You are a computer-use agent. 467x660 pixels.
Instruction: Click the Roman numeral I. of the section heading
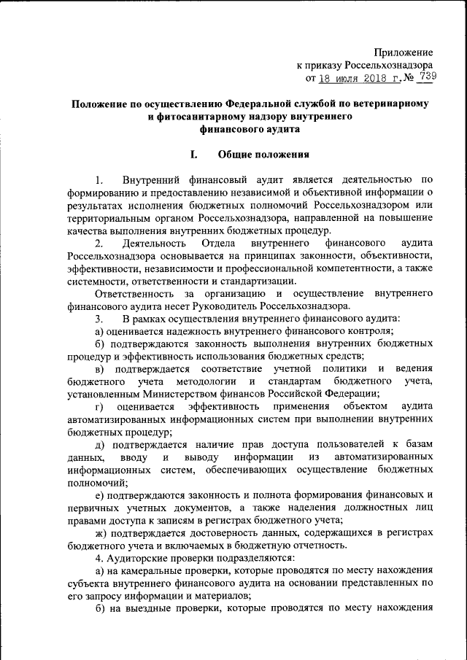(x=193, y=155)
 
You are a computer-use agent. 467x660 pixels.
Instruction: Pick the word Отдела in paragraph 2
(x=212, y=241)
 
